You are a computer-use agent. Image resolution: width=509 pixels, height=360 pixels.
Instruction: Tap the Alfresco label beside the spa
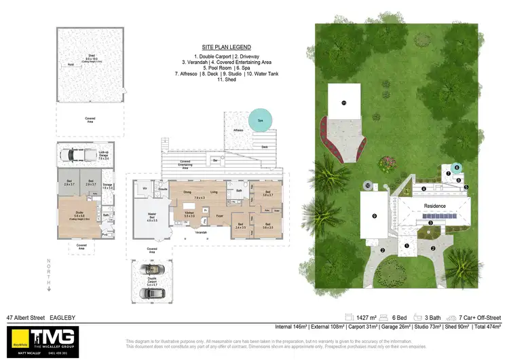pyautogui.click(x=238, y=129)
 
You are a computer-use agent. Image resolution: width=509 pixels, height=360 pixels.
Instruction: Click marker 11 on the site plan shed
pyautogui.click(x=343, y=103)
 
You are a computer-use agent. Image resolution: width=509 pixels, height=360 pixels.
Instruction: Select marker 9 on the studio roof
pyautogui.click(x=374, y=216)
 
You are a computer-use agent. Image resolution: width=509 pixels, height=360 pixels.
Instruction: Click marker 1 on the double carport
pyautogui.click(x=407, y=246)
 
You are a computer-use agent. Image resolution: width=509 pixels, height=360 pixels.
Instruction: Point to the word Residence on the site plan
pyautogui.click(x=435, y=205)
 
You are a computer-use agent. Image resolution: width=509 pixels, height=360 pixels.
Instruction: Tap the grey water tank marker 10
pyautogui.click(x=367, y=185)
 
